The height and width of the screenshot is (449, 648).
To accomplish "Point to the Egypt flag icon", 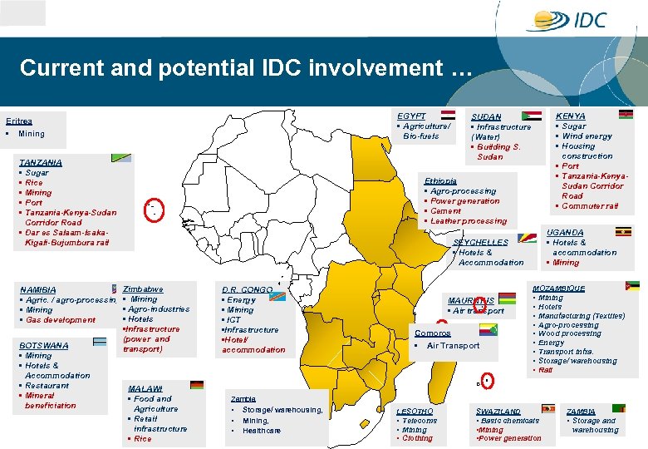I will click(448, 116).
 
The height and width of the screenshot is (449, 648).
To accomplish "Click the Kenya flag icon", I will click(626, 115).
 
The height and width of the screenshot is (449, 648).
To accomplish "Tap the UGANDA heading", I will click(565, 233).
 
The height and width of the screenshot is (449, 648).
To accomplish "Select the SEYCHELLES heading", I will click(480, 243).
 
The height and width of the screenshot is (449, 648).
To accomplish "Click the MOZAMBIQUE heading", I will click(558, 289).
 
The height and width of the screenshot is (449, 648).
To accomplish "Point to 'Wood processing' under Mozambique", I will click(570, 333).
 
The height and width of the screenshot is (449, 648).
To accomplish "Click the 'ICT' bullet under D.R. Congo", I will click(233, 320).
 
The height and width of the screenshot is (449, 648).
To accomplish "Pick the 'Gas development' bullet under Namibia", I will click(61, 320).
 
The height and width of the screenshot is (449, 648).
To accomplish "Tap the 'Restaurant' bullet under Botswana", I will click(47, 386).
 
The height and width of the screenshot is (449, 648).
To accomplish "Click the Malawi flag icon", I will click(197, 385).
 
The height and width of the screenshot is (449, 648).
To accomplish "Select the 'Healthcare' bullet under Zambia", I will click(262, 431).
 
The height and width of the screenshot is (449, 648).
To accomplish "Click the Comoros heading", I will click(433, 333).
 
